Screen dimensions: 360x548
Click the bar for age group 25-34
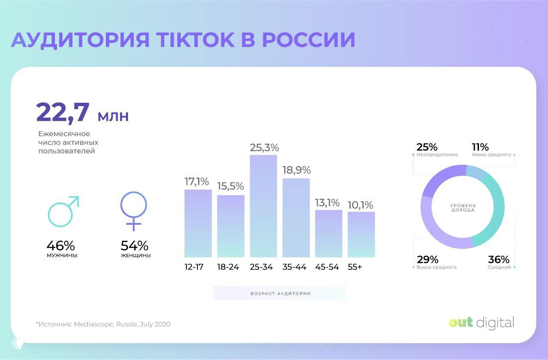pyautogui.click(x=263, y=206)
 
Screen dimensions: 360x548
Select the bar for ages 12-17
pyautogui.click(x=198, y=223)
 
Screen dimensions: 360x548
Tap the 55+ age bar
pyautogui.click(x=361, y=234)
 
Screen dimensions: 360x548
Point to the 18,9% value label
pyautogui.click(x=296, y=170)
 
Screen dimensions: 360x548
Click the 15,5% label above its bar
pyautogui.click(x=230, y=187)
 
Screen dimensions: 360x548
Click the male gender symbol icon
pyautogui.click(x=63, y=211)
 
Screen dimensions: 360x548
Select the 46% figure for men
pyautogui.click(x=61, y=246)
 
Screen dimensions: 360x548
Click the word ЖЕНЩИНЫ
pyautogui.click(x=136, y=256)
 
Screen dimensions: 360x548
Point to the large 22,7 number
pyautogui.click(x=63, y=112)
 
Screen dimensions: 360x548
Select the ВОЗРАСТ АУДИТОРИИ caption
pyautogui.click(x=280, y=294)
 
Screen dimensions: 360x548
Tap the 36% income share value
pyautogui.click(x=499, y=260)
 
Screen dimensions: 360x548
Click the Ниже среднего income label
pyautogui.click(x=491, y=155)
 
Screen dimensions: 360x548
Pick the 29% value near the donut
pyautogui.click(x=427, y=260)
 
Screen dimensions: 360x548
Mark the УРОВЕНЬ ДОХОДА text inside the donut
pyautogui.click(x=462, y=208)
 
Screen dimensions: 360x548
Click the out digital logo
pyautogui.click(x=481, y=322)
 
